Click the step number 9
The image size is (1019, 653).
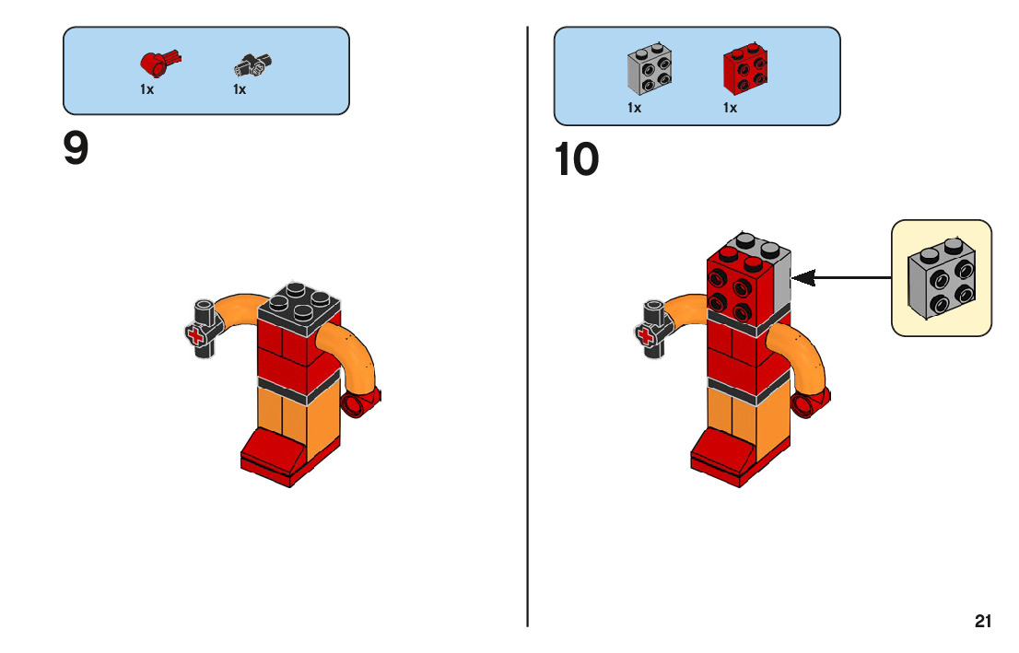[x=76, y=149]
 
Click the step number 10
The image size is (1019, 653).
[x=577, y=160]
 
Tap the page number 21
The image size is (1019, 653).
[x=983, y=622]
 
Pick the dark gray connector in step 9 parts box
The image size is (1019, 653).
[x=252, y=64]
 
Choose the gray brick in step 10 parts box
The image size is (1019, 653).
[x=649, y=70]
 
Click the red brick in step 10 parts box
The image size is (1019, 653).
[x=744, y=70]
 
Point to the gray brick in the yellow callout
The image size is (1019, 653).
[x=941, y=279]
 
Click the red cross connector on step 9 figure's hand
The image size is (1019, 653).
[x=196, y=336]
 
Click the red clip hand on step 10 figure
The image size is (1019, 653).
[x=809, y=400]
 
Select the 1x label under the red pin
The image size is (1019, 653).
[x=147, y=90]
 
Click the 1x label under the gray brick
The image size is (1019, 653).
[x=634, y=108]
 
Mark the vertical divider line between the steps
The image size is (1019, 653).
[x=528, y=368]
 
